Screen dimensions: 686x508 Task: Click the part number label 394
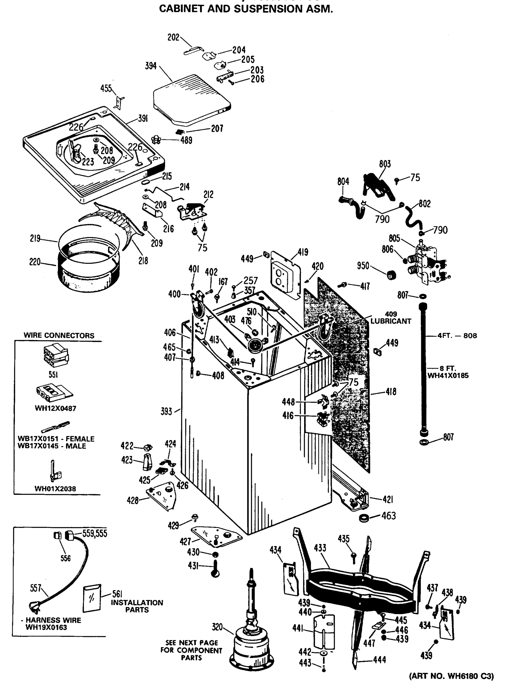pos(151,66)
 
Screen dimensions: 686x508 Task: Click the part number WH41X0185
pos(448,376)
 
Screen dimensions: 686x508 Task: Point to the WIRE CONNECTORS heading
pos(59,336)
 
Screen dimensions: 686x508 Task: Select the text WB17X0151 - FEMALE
pos(56,439)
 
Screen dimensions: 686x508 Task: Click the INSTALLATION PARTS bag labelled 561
pos(92,598)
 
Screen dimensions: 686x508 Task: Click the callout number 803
pos(385,164)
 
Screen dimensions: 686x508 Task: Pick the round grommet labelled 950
pos(391,274)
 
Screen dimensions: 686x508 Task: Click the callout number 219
pos(35,238)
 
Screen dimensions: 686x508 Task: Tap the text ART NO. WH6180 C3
pos(451,676)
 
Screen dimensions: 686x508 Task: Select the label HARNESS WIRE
pos(53,620)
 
